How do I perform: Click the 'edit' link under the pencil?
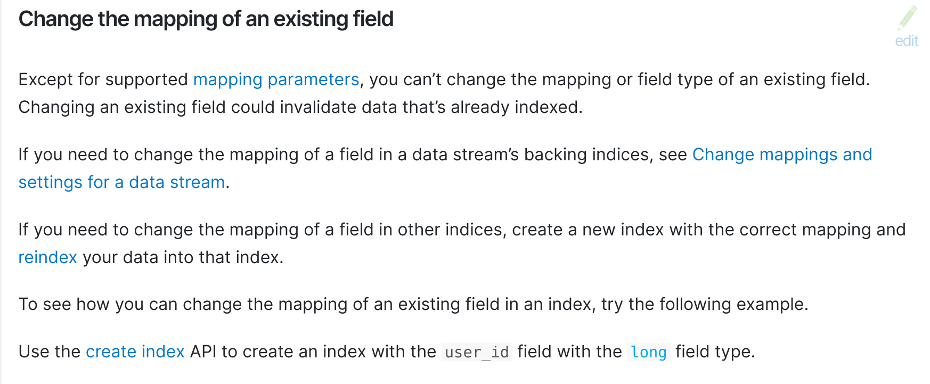(907, 41)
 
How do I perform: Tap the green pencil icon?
(907, 18)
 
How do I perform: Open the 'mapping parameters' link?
(276, 80)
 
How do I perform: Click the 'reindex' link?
(48, 257)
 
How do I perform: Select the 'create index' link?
(135, 352)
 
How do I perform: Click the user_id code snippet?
(477, 352)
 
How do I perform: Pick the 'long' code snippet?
(649, 352)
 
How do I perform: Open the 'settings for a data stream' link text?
(122, 182)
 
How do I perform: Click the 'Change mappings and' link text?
(782, 154)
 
